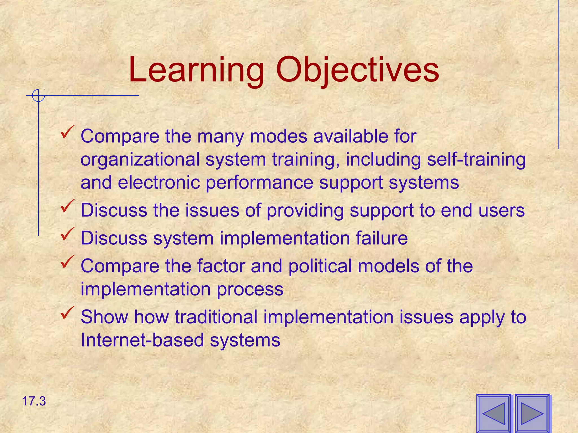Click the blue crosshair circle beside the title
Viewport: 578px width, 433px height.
pyautogui.click(x=38, y=96)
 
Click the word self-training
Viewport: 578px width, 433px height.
pyautogui.click(x=476, y=160)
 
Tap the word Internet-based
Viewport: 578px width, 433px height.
pyautogui.click(x=142, y=340)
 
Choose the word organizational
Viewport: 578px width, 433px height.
pyautogui.click(x=140, y=160)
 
